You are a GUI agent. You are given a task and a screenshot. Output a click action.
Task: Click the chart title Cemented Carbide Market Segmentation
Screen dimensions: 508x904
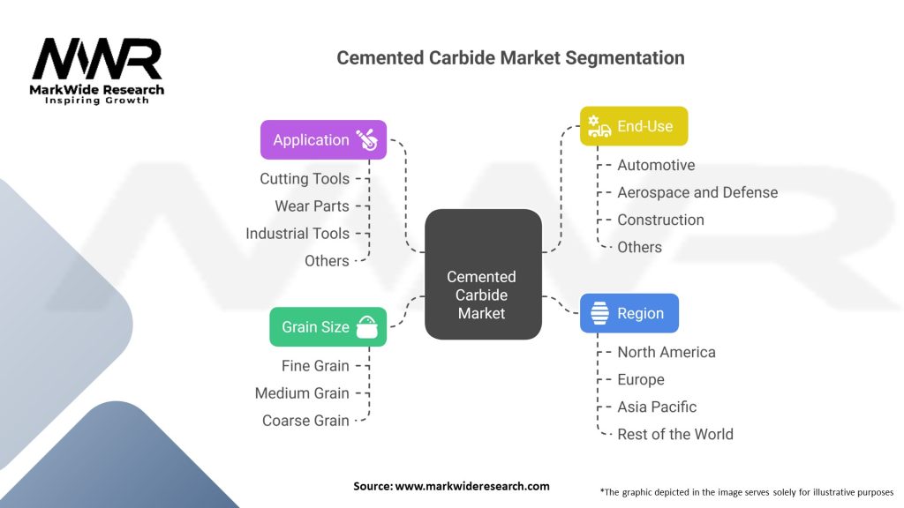pyautogui.click(x=510, y=58)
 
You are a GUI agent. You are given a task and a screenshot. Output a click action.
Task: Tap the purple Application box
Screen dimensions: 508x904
pyautogui.click(x=323, y=140)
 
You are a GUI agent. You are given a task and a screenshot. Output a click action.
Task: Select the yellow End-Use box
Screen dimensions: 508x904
pyautogui.click(x=633, y=126)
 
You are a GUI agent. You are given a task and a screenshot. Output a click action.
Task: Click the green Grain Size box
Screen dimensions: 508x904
pyautogui.click(x=328, y=327)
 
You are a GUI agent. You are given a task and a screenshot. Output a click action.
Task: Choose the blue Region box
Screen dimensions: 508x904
pyautogui.click(x=629, y=313)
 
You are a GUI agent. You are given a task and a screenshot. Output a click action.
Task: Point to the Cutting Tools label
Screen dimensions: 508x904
pyautogui.click(x=305, y=179)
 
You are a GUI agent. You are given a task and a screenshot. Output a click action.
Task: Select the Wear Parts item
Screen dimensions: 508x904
pyautogui.click(x=312, y=206)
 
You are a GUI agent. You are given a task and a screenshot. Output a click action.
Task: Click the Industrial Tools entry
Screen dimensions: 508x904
pyautogui.click(x=298, y=234)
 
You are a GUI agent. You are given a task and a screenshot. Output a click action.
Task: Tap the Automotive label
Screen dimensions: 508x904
pyautogui.click(x=656, y=165)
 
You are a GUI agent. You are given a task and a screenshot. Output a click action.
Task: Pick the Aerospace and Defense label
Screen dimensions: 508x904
pyautogui.click(x=697, y=192)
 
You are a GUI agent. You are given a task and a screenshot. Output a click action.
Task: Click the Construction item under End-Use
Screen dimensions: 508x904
pyautogui.click(x=660, y=220)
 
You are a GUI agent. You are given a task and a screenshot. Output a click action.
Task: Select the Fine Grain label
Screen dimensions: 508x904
pyautogui.click(x=315, y=366)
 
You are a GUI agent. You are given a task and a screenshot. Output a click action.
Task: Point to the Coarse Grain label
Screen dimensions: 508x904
pyautogui.click(x=305, y=421)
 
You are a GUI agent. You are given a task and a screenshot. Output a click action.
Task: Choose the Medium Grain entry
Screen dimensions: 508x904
pyautogui.click(x=302, y=393)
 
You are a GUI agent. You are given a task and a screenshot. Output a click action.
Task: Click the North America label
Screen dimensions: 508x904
pyautogui.click(x=667, y=352)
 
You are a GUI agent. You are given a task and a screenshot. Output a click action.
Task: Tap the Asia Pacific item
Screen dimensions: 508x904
pyautogui.click(x=657, y=407)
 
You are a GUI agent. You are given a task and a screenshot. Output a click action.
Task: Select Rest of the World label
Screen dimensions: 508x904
pyautogui.click(x=675, y=434)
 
